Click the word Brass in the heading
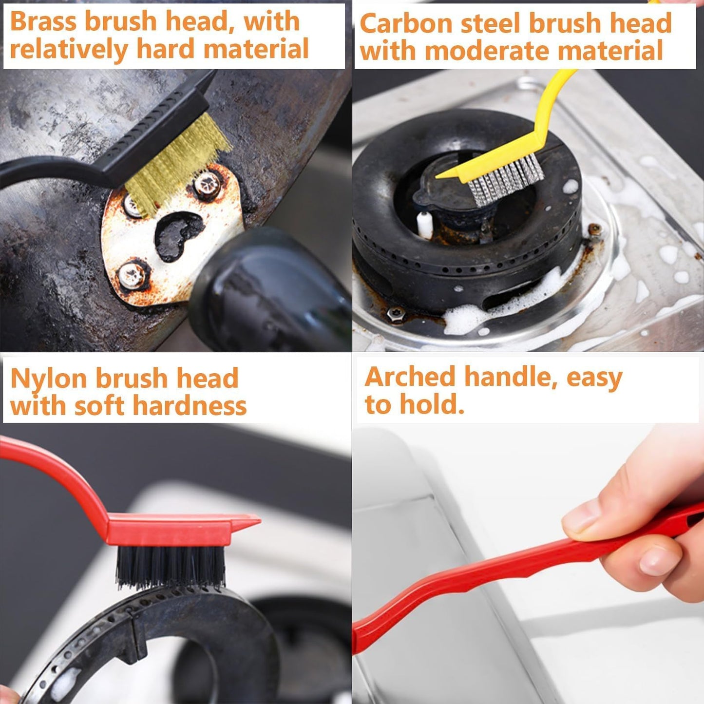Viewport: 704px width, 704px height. point(43,21)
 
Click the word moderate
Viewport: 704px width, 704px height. point(488,50)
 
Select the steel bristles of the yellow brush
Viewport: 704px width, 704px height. point(506,179)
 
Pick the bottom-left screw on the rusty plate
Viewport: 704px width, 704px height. point(132,275)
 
